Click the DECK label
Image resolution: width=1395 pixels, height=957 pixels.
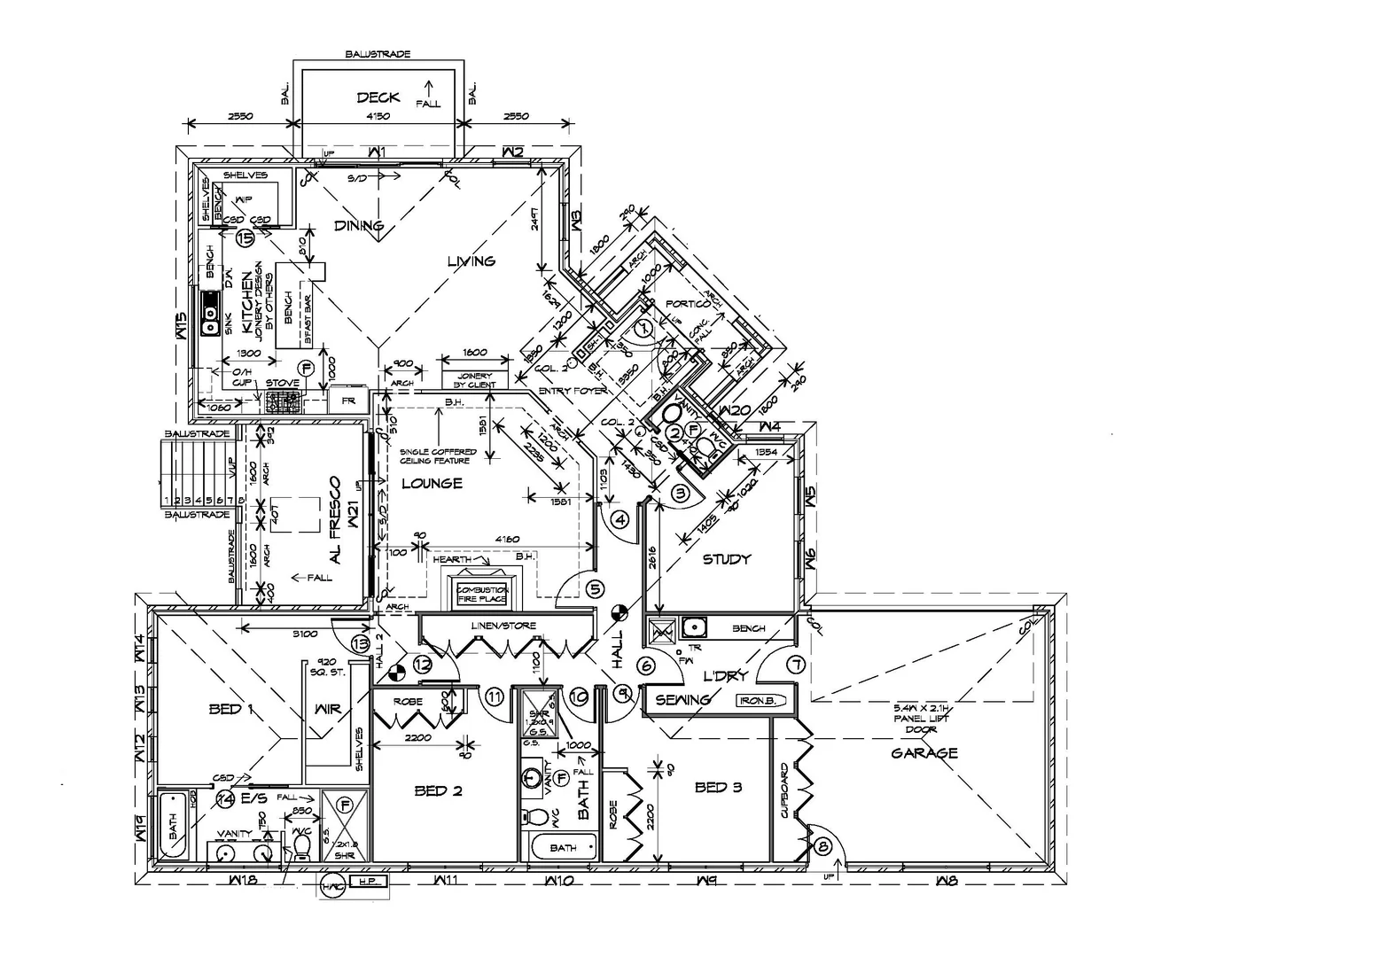tap(378, 97)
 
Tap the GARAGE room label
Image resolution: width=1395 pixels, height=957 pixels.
tap(924, 753)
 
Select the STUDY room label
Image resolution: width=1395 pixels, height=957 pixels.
tap(727, 559)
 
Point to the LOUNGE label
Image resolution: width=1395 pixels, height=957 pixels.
tap(432, 484)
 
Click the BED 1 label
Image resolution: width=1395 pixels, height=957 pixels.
tap(231, 709)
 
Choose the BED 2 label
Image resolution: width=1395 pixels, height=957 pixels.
tap(438, 790)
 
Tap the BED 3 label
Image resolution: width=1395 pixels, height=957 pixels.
tap(718, 787)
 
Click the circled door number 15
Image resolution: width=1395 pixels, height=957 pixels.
tap(245, 238)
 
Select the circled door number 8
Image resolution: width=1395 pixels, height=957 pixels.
tap(823, 847)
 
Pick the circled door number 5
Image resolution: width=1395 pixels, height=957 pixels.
tap(595, 588)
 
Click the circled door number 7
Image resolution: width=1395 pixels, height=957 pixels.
tap(795, 664)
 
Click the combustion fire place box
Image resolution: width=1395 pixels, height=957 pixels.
tap(482, 594)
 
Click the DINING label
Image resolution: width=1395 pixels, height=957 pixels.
tap(358, 225)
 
